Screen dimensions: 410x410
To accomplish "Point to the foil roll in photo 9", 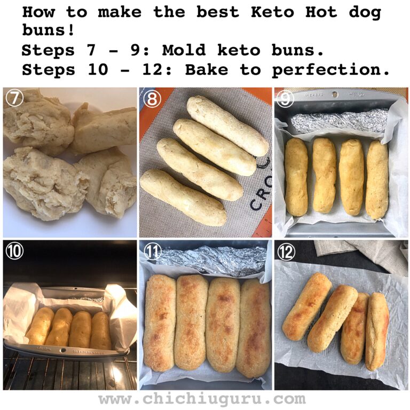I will (x=339, y=121).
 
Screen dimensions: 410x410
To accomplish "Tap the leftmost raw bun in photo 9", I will (x=296, y=177).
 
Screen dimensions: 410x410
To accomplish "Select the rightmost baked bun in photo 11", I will (x=254, y=327).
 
